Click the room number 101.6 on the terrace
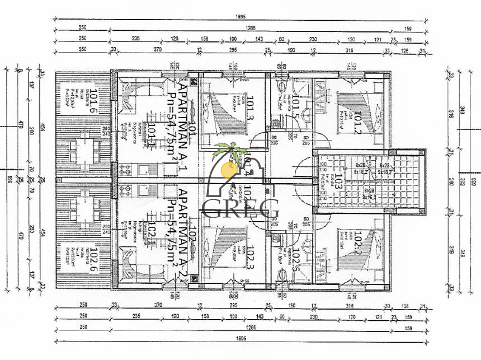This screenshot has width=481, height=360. pyautogui.click(x=95, y=101)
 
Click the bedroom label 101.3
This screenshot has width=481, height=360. pyautogui.click(x=249, y=110)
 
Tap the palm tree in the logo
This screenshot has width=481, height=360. pyautogui.click(x=229, y=151)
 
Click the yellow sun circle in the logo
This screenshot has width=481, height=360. pyautogui.click(x=228, y=167)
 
